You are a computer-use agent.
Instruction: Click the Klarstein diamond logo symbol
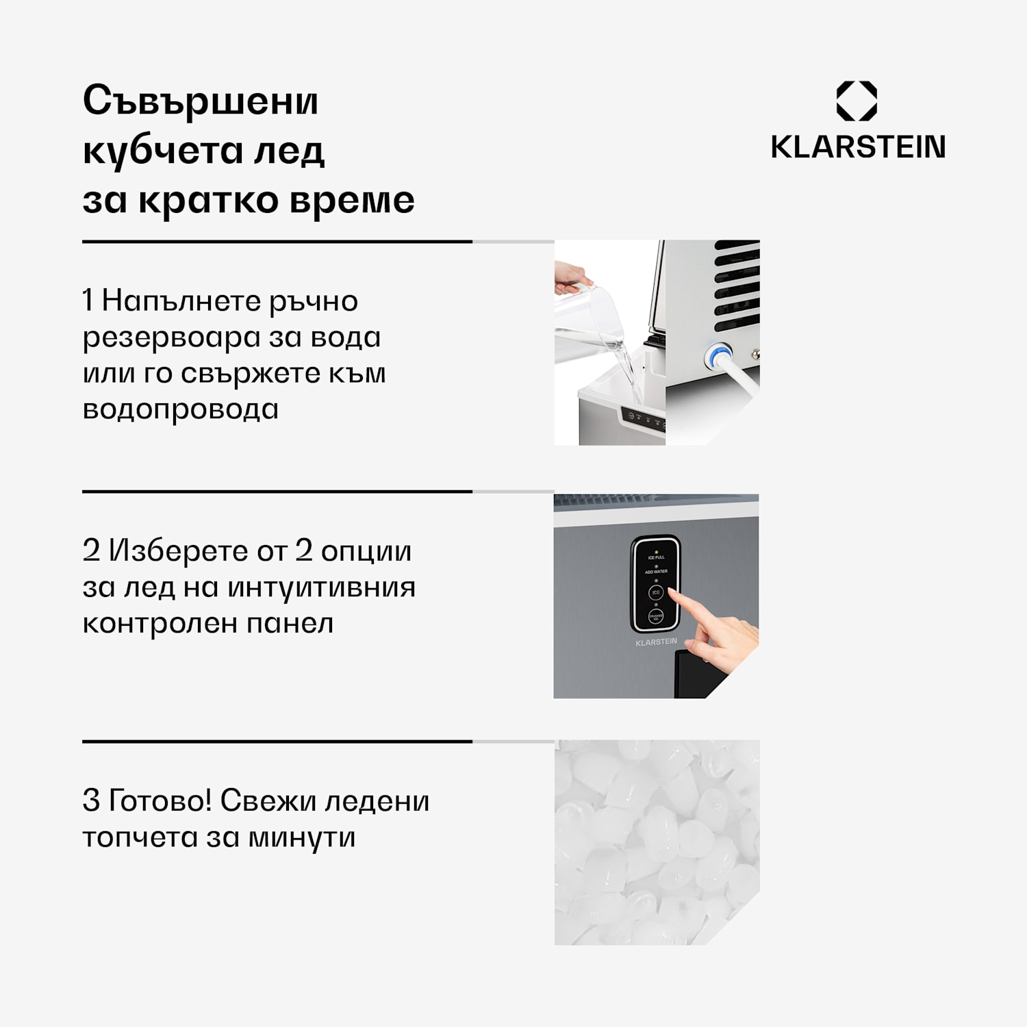pyautogui.click(x=857, y=101)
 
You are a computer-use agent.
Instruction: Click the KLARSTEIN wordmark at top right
pyautogui.click(x=858, y=147)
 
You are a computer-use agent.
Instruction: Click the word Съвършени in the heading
pyautogui.click(x=201, y=101)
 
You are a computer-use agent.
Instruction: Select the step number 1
pyautogui.click(x=88, y=301)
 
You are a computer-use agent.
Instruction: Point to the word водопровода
pyautogui.click(x=180, y=409)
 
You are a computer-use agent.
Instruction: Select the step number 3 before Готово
pyautogui.click(x=91, y=800)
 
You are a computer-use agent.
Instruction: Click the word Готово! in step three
pyautogui.click(x=160, y=800)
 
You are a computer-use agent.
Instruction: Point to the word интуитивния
pyautogui.click(x=321, y=587)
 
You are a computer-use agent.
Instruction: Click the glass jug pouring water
pyautogui.click(x=589, y=322)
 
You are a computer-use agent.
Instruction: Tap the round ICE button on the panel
pyautogui.click(x=656, y=592)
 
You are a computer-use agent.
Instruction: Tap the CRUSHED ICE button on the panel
pyautogui.click(x=655, y=617)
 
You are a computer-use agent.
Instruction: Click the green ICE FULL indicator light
pyautogui.click(x=656, y=552)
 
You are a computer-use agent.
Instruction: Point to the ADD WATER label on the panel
pyautogui.click(x=656, y=572)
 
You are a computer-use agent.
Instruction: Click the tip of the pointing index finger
pyautogui.click(x=670, y=591)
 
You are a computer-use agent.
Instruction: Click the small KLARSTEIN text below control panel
pyautogui.click(x=656, y=642)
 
